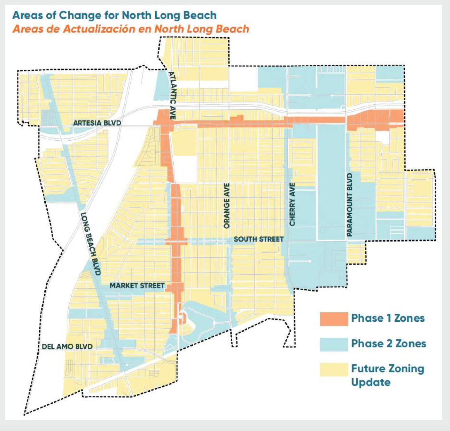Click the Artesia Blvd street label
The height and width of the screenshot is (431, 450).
[x=97, y=123]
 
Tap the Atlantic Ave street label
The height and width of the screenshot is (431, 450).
[x=172, y=96]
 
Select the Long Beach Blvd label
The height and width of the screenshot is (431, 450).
[x=91, y=244]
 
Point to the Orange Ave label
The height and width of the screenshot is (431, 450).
[x=227, y=206]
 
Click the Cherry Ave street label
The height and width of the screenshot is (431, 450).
[x=292, y=204]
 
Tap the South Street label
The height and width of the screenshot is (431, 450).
[x=258, y=239]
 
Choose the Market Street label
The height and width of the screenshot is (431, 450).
[x=137, y=286]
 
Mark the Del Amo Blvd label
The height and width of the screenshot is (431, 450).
[x=67, y=347]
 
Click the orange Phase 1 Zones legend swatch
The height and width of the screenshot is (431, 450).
[x=334, y=319]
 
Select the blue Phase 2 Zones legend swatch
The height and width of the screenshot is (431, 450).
[x=334, y=344]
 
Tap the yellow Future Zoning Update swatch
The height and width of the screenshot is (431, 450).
[x=334, y=369]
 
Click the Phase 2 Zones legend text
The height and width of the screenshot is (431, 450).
[x=388, y=344]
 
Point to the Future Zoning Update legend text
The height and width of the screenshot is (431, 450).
[x=387, y=375]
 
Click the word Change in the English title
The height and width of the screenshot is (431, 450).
[x=80, y=15]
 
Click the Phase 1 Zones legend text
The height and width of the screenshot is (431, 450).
[x=388, y=318]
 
